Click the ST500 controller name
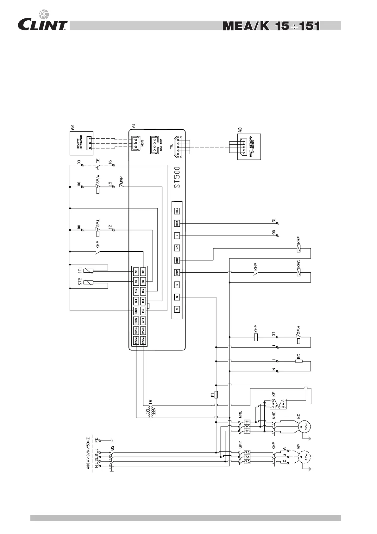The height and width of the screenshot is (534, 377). tap(178, 178)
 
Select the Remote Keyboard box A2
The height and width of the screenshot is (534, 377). tap(81, 143)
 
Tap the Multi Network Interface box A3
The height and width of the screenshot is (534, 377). tap(249, 147)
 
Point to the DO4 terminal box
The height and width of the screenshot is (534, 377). tap(177, 223)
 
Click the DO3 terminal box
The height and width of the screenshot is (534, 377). tap(177, 211)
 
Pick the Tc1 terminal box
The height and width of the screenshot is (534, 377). tap(177, 248)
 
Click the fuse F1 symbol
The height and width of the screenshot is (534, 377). tap(216, 395)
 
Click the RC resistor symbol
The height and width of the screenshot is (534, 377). tap(299, 361)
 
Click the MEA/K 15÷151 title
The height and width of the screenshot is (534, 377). tap(271, 26)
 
